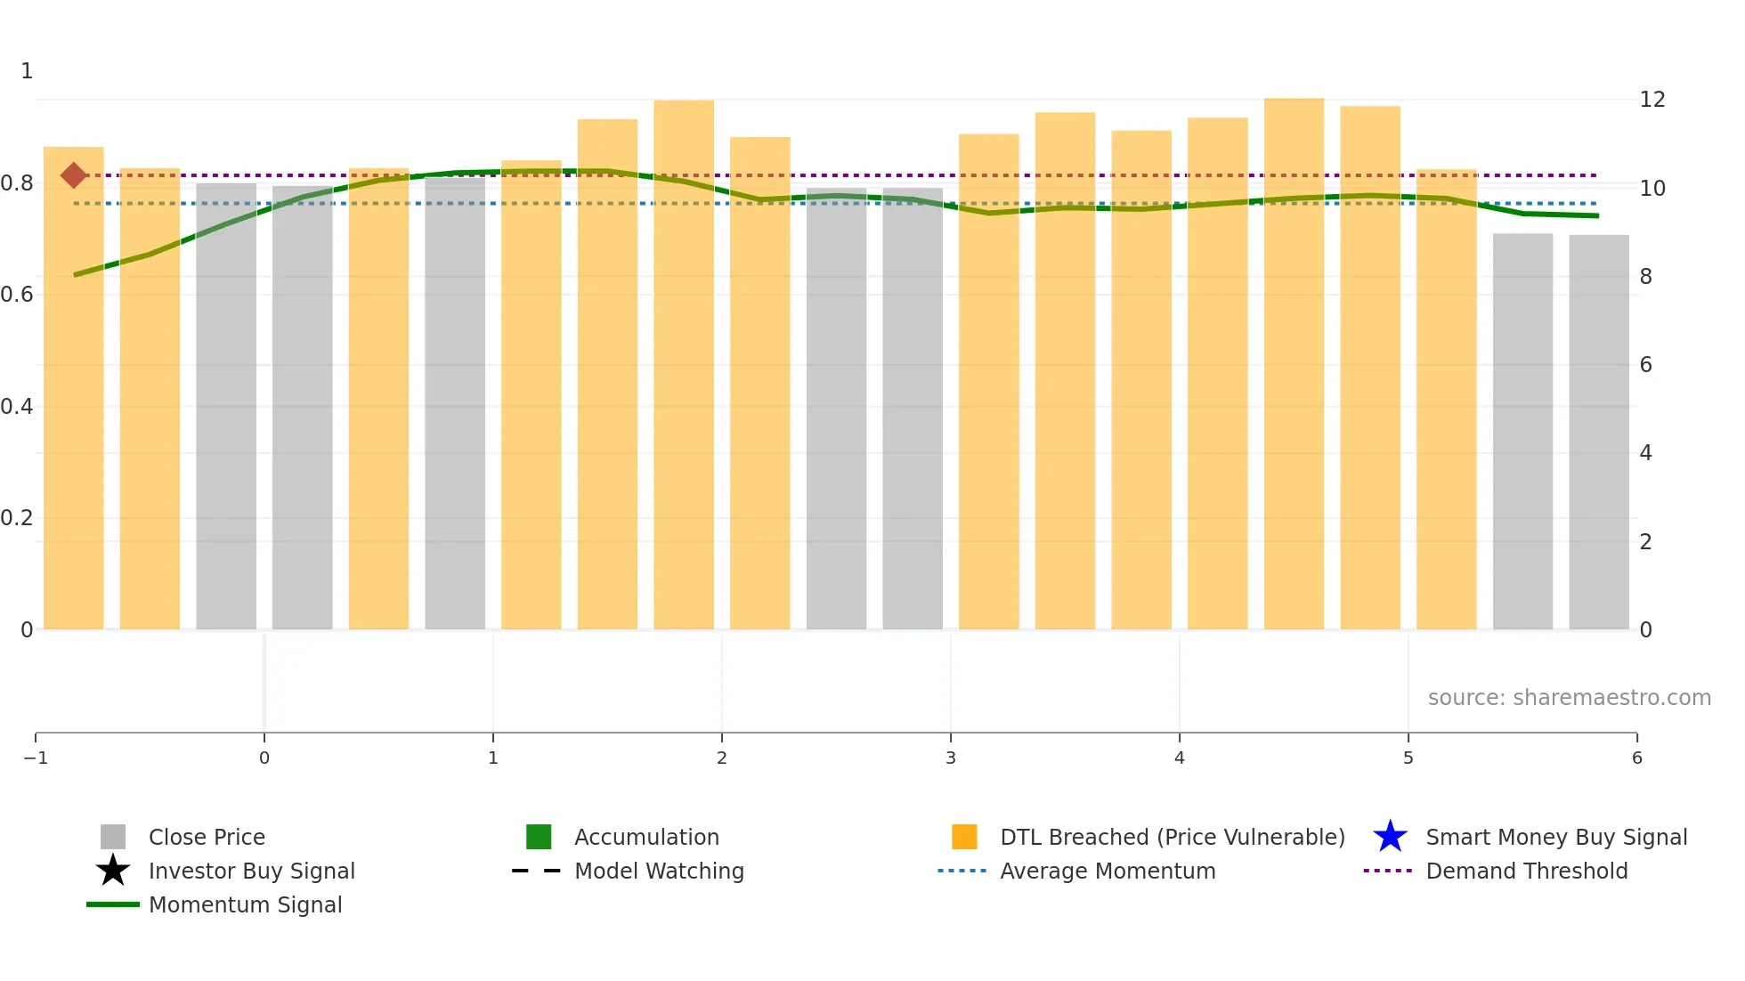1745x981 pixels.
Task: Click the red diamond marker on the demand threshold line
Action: pyautogui.click(x=74, y=175)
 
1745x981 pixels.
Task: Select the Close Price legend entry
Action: pyautogui.click(x=206, y=837)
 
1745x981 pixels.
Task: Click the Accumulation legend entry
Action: pyautogui.click(x=645, y=837)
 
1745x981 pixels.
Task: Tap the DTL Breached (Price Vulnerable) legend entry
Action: pyautogui.click(x=1172, y=837)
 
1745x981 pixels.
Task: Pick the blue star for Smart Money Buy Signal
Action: pyautogui.click(x=1390, y=837)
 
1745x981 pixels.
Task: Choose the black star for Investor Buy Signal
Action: pyautogui.click(x=113, y=871)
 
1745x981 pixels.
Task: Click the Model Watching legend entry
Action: pyautogui.click(x=658, y=871)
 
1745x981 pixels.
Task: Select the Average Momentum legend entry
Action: pyautogui.click(x=1107, y=871)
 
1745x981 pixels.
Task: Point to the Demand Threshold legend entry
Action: pyautogui.click(x=1526, y=871)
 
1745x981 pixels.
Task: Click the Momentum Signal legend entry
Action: pyautogui.click(x=245, y=904)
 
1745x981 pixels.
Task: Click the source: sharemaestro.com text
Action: pyautogui.click(x=1569, y=697)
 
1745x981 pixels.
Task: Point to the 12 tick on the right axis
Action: pyautogui.click(x=1652, y=100)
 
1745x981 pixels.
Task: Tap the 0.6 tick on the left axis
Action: pyautogui.click(x=17, y=295)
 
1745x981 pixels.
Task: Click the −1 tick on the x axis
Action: pyautogui.click(x=36, y=758)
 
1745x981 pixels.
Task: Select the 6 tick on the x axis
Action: pyautogui.click(x=1636, y=758)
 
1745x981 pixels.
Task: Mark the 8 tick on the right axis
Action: pyautogui.click(x=1645, y=277)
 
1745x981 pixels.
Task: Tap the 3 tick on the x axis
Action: pyautogui.click(x=951, y=758)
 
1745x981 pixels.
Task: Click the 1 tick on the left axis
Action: pyautogui.click(x=27, y=71)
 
